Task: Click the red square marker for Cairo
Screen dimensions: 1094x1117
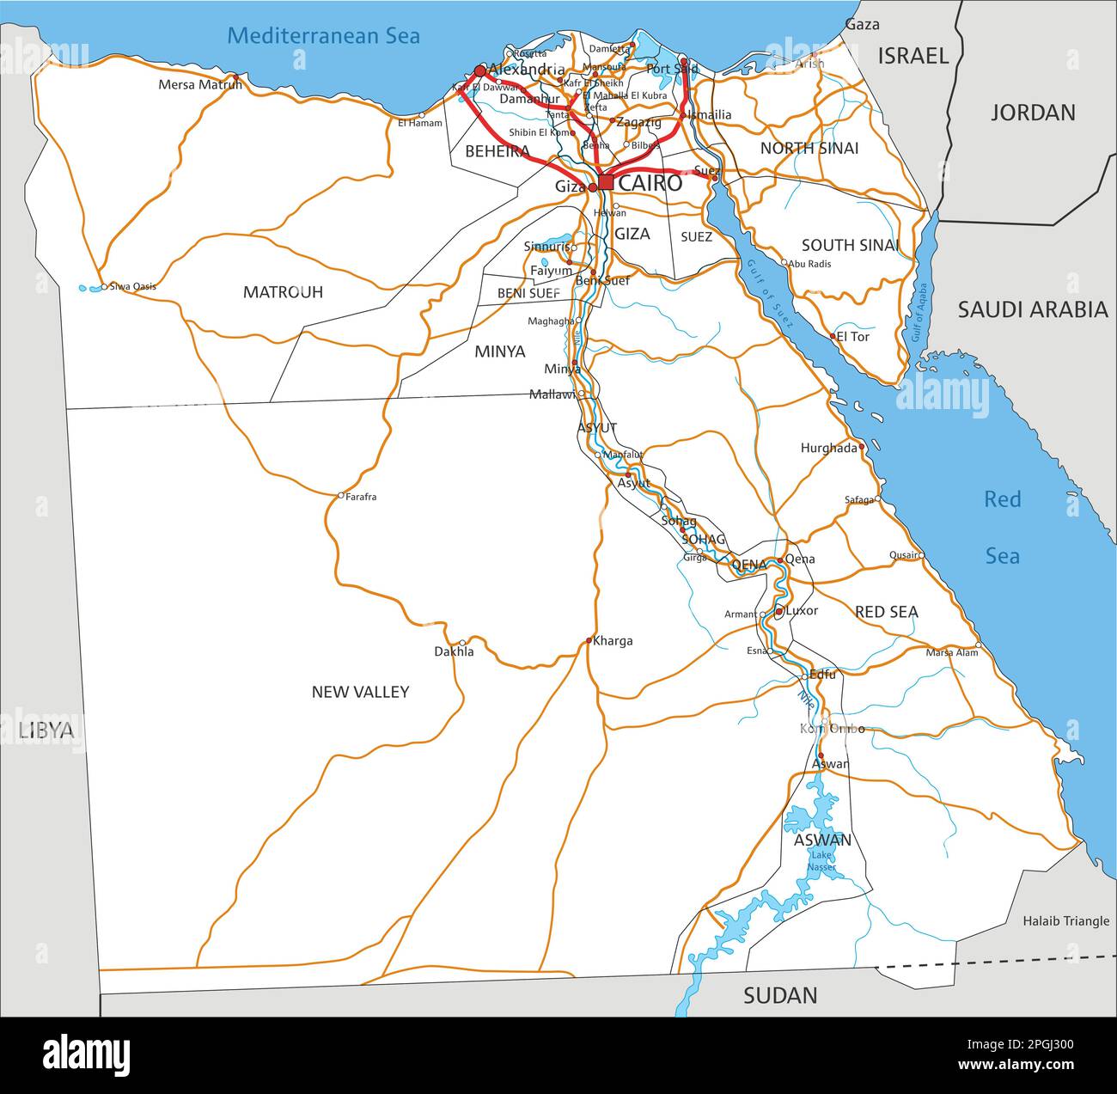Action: (606, 182)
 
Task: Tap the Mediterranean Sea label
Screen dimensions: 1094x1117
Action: (323, 35)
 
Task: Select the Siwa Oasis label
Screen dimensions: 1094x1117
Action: (132, 286)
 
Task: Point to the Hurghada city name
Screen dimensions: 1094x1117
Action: (828, 448)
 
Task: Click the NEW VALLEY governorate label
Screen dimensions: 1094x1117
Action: (360, 692)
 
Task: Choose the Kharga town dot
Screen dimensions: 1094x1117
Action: (589, 640)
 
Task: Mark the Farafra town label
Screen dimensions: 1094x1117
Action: (361, 497)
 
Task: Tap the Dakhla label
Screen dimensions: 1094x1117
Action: (453, 652)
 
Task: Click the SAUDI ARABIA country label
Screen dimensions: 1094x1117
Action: (1033, 310)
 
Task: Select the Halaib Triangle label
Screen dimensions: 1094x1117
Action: (1065, 921)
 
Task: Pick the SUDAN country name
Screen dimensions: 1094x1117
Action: (779, 996)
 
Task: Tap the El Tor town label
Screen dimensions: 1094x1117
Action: (852, 337)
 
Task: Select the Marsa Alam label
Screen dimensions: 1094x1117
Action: (951, 652)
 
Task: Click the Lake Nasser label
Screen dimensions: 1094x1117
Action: (821, 861)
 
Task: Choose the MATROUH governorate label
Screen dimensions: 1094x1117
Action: (283, 292)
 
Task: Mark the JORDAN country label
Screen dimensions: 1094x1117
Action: (1033, 113)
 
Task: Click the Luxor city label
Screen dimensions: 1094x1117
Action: (802, 611)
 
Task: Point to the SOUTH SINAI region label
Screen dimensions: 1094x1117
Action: (850, 246)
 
